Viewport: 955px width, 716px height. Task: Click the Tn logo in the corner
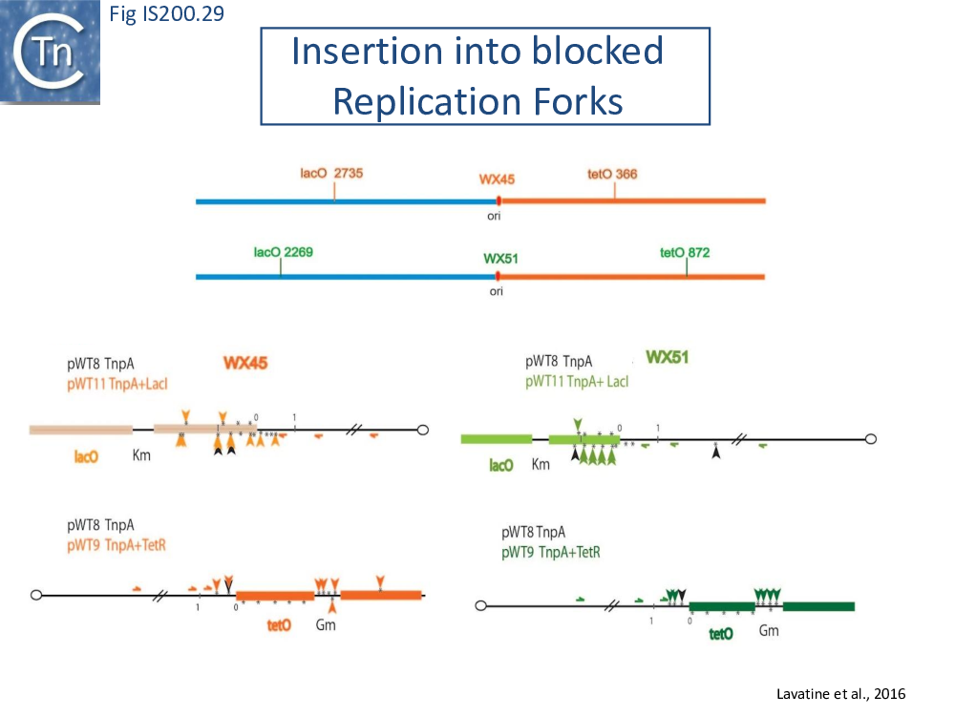(x=50, y=53)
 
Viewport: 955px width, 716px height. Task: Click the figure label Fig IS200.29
(x=166, y=13)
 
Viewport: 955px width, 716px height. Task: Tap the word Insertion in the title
(x=368, y=51)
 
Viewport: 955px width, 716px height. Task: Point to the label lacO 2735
(x=331, y=173)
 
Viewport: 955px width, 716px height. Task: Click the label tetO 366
(x=612, y=174)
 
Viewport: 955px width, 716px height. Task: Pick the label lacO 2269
(x=284, y=252)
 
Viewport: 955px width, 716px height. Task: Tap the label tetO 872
(x=685, y=253)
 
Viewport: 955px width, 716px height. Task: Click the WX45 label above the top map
(x=497, y=179)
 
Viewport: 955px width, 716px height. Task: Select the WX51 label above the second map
(x=500, y=259)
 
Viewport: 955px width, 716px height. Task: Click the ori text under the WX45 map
(x=494, y=216)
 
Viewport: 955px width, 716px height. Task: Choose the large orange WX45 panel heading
(x=245, y=363)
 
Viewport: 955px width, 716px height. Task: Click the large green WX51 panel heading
(x=667, y=357)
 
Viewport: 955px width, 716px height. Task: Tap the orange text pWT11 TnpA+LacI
(x=117, y=384)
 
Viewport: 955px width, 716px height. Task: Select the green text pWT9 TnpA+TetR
(x=551, y=552)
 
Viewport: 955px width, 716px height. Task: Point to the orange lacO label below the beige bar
(x=86, y=456)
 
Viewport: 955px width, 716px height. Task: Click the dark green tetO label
(x=721, y=635)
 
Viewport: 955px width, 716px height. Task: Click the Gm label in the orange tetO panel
(x=326, y=624)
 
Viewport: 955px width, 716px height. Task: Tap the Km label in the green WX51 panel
(x=541, y=465)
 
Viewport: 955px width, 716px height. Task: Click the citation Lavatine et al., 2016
(x=840, y=694)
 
